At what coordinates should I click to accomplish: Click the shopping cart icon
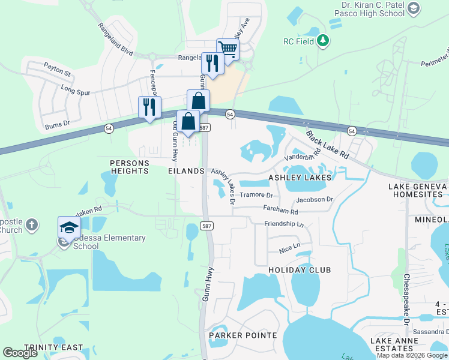[228, 49]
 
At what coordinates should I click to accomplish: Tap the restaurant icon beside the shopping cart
[212, 62]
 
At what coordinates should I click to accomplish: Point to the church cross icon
[32, 226]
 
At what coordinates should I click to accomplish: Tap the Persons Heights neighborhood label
[129, 167]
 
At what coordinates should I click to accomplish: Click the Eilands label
[187, 171]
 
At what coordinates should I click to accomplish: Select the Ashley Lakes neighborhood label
[300, 178]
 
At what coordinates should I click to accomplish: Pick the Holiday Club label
[300, 270]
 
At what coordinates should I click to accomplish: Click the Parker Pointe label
[243, 335]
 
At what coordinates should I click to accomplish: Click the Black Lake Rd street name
[327, 145]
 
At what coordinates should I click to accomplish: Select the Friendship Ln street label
[284, 224]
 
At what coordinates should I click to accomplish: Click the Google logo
[20, 353]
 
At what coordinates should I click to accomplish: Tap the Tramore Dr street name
[256, 196]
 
